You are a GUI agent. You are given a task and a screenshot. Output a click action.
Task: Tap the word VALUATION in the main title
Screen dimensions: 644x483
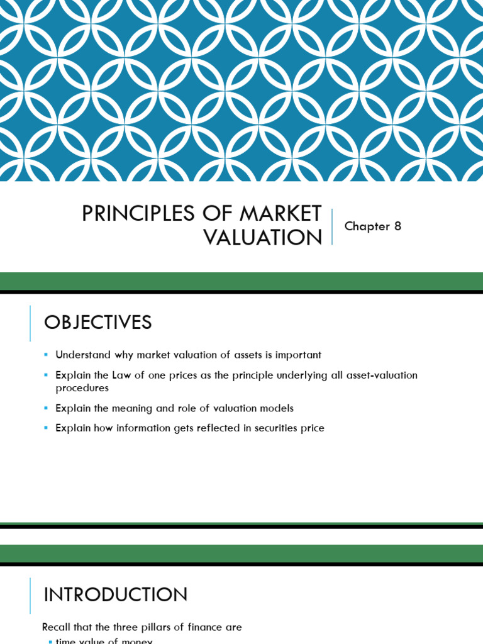pos(263,238)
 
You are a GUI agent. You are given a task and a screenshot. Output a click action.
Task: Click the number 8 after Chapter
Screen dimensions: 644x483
pos(397,226)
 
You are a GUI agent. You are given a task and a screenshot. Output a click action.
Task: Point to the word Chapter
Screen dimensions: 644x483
pos(367,226)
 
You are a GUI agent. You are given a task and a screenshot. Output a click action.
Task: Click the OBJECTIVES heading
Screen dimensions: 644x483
pos(98,323)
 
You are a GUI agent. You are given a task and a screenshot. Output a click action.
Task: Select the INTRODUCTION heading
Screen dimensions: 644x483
pos(116,595)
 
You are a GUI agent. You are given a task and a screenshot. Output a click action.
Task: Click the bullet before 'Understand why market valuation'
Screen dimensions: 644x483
pos(46,355)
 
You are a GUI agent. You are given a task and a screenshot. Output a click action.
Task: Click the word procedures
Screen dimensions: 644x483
pos(82,388)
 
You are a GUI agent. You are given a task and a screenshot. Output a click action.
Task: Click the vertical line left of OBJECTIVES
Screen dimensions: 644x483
pos(30,323)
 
